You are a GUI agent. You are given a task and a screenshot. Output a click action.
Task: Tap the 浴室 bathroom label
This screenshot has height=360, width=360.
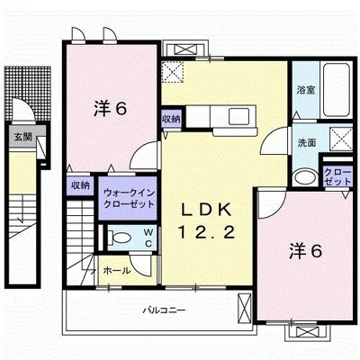click(x=306, y=90)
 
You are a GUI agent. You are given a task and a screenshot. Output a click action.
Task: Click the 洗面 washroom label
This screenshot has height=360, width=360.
click(x=307, y=142)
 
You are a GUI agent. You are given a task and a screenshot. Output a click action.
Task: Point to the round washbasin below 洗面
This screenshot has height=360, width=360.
click(x=305, y=177)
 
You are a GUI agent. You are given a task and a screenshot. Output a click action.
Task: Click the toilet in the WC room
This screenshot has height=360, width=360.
click(x=120, y=238)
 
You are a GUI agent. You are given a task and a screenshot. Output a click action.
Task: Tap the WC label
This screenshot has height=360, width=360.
click(x=148, y=238)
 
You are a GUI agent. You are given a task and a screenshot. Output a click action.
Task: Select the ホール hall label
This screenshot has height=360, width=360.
click(x=117, y=271)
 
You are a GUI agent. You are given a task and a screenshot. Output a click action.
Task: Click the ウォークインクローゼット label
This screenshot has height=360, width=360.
click(x=129, y=198)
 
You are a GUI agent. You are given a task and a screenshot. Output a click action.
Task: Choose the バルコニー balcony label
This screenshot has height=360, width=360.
click(x=164, y=310)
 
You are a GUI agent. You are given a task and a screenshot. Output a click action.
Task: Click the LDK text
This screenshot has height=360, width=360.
click(x=207, y=210)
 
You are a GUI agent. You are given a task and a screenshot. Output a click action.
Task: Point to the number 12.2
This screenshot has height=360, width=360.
click(x=207, y=232)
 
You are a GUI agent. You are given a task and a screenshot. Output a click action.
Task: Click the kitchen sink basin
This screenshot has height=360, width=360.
click(x=238, y=116)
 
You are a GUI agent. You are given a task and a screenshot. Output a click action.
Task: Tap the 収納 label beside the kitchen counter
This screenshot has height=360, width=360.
click(x=171, y=119)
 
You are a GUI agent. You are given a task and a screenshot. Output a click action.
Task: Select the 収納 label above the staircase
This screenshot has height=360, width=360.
click(x=80, y=185)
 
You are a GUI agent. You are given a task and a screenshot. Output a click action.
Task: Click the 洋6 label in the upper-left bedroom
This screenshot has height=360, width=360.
click(x=111, y=109)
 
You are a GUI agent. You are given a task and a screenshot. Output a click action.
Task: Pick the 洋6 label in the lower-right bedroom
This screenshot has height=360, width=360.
click(x=306, y=251)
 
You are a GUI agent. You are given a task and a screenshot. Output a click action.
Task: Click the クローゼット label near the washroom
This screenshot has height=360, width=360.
click(x=337, y=177)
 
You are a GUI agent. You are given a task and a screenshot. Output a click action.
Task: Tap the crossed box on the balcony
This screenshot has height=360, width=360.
click(x=244, y=309)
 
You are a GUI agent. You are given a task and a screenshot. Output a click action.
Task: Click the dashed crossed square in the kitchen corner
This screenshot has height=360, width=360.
click(x=172, y=72)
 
